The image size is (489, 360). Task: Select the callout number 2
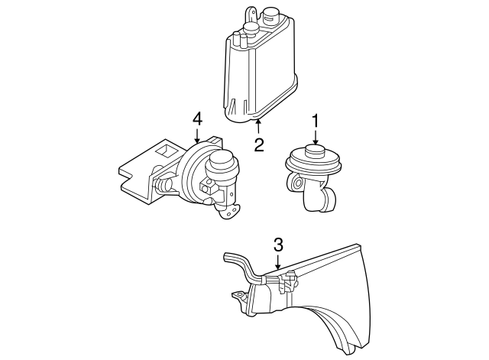(x=259, y=144)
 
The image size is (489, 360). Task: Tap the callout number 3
(x=278, y=245)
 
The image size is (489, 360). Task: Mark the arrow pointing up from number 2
(x=259, y=128)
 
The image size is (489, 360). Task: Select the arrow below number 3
(x=278, y=263)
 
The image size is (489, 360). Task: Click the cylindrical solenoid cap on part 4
(x=222, y=161)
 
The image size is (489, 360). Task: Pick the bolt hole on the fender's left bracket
(x=235, y=294)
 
